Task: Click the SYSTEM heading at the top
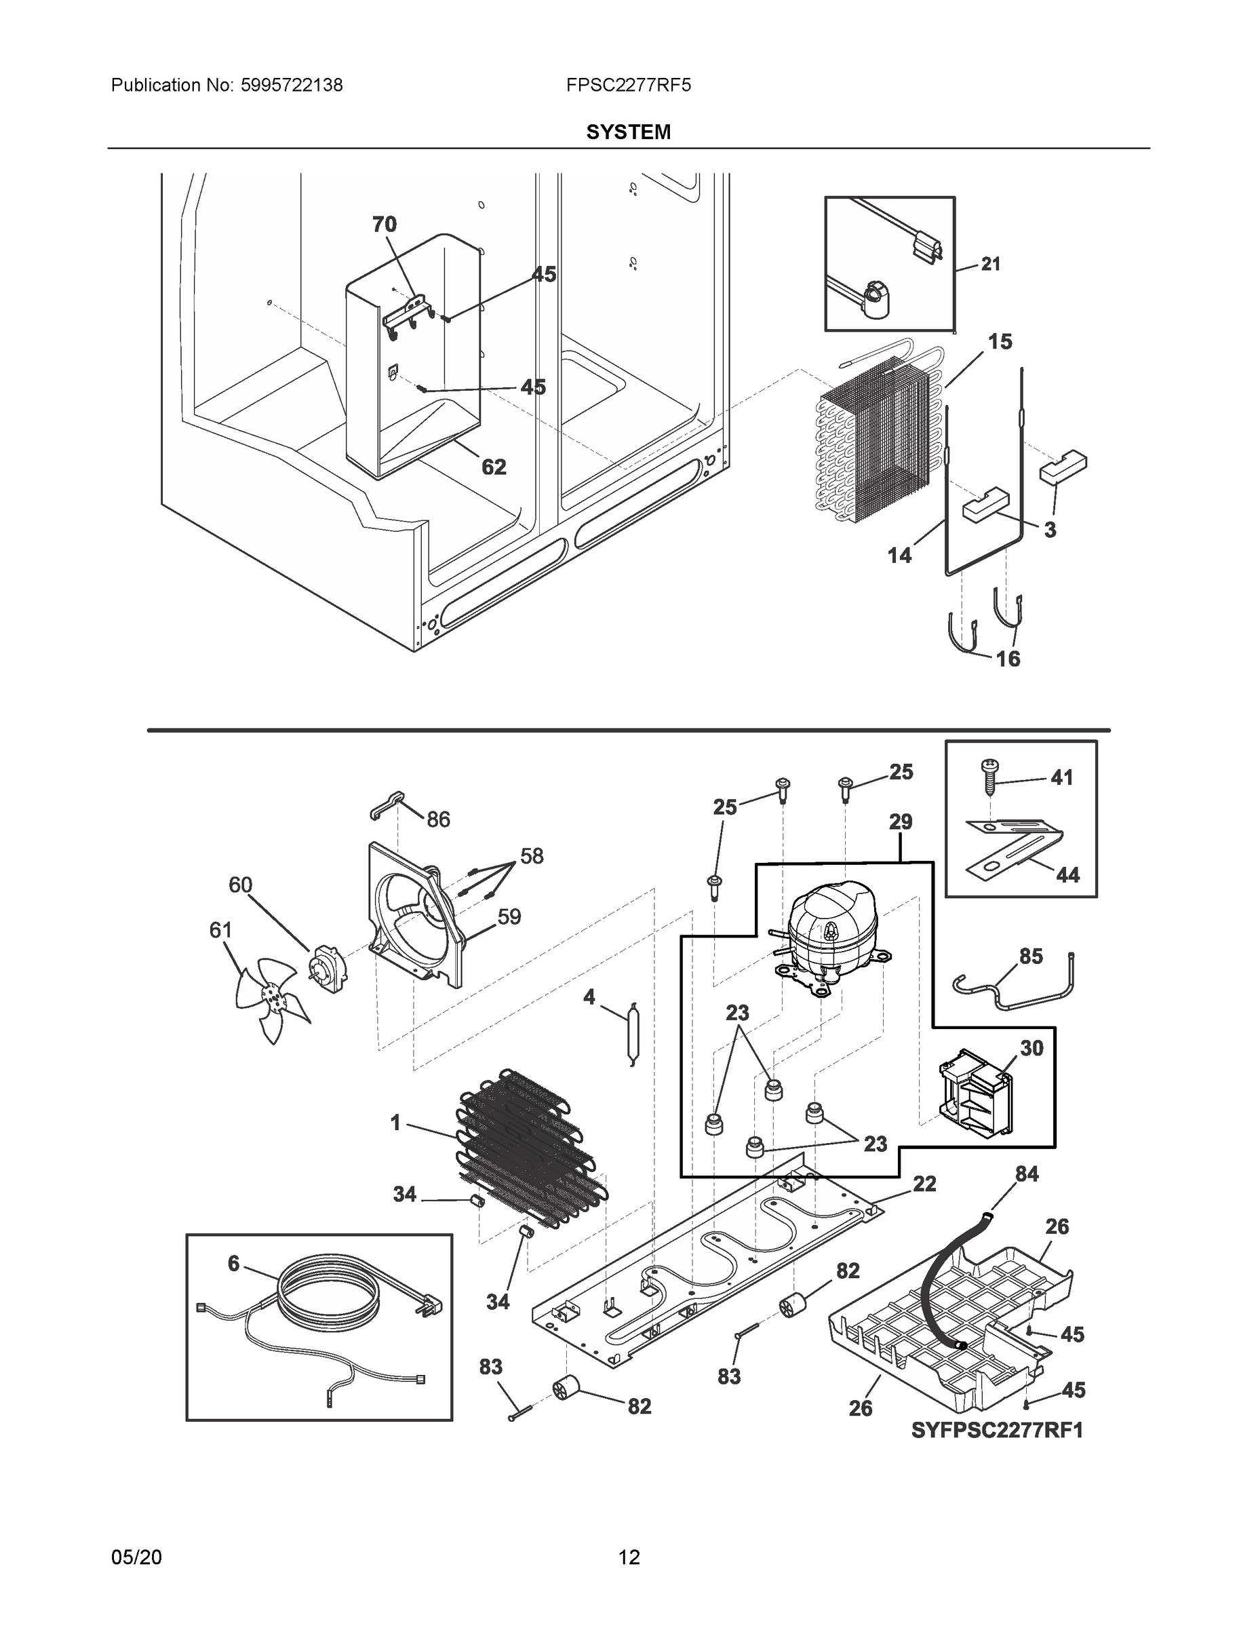(x=627, y=132)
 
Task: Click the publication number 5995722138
(x=291, y=85)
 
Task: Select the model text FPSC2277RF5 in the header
(x=627, y=85)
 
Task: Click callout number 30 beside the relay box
(x=1031, y=1048)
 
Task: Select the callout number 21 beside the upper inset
(x=989, y=264)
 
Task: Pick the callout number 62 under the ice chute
(x=493, y=467)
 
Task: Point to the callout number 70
(x=385, y=225)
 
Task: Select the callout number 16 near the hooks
(x=1008, y=659)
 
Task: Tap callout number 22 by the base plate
(x=924, y=1184)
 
